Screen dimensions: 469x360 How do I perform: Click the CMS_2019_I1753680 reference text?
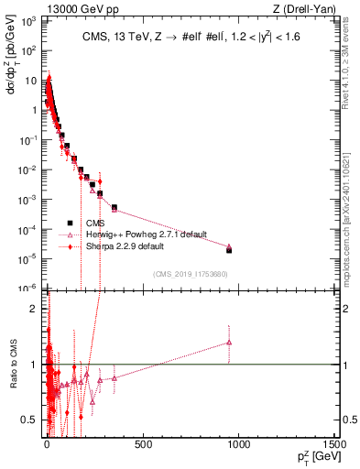coord(191,274)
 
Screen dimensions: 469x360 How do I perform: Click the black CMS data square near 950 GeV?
coord(229,250)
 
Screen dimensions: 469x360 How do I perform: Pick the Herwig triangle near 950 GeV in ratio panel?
coord(229,343)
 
